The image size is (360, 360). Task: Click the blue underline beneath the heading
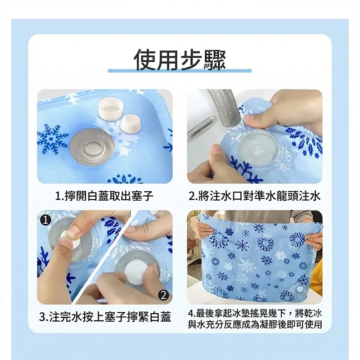point(180,71)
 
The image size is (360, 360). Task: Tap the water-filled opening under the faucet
point(256,149)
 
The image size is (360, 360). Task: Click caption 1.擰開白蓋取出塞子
point(104,196)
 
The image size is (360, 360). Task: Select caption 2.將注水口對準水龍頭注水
point(254,196)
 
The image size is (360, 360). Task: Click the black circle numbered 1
point(45,220)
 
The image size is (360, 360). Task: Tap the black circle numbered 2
point(163,295)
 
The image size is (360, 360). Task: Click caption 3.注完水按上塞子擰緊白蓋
point(105,317)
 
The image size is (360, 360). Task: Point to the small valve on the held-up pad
point(299,290)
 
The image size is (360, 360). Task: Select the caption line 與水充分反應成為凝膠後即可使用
point(255,324)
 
